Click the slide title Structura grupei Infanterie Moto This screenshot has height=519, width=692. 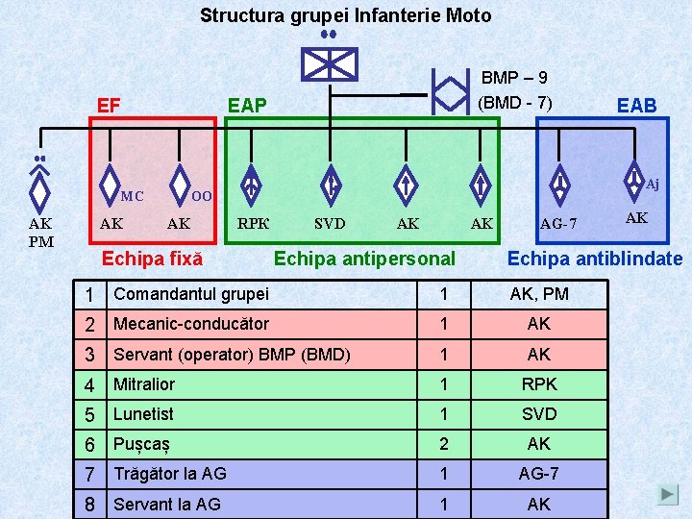point(345,15)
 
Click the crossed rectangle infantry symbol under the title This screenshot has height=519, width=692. point(329,63)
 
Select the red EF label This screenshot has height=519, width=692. point(109,105)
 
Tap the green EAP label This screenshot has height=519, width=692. point(247,105)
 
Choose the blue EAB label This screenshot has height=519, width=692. point(636,106)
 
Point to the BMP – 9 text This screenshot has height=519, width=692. point(514,78)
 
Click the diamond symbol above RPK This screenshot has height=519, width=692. point(251,183)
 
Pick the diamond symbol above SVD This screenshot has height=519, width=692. point(330,183)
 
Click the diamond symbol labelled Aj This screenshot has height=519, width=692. point(633,178)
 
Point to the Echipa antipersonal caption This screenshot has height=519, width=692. point(364,259)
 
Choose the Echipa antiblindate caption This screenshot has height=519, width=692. point(595,259)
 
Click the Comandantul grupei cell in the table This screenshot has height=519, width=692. point(191,294)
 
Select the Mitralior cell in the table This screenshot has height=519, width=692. point(144,384)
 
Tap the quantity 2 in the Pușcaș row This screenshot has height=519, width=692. point(443,444)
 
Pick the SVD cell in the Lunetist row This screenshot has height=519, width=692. point(539,414)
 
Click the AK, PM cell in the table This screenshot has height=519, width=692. point(539,294)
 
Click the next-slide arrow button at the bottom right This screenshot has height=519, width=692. point(668,495)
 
